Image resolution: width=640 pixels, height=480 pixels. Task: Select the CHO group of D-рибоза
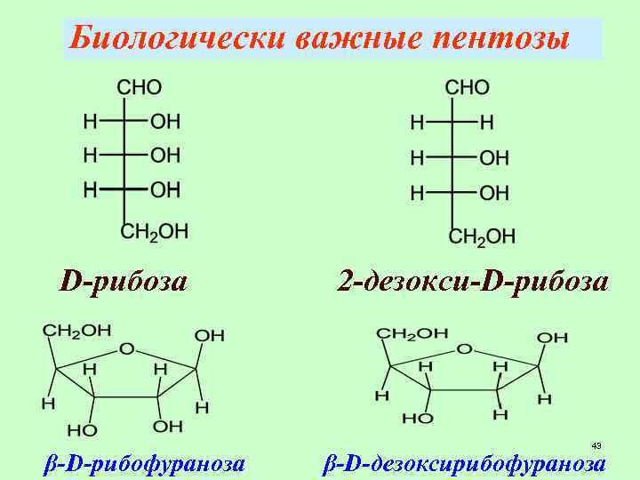(x=140, y=88)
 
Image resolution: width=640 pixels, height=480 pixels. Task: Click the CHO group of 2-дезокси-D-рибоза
(x=467, y=88)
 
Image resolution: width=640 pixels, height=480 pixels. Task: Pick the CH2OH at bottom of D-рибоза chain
(x=154, y=231)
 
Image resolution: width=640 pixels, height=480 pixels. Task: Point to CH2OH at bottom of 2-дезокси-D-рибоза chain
(x=482, y=236)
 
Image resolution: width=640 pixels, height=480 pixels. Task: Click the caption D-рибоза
(x=123, y=283)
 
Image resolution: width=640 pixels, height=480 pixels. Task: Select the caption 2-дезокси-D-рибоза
(x=473, y=283)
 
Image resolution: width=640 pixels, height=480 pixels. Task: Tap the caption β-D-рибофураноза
(x=145, y=463)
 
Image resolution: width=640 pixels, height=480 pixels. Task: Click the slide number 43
(x=596, y=445)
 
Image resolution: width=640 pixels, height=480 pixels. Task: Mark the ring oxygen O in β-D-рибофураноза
(x=126, y=349)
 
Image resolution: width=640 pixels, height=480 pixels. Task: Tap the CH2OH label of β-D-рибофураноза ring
(x=77, y=331)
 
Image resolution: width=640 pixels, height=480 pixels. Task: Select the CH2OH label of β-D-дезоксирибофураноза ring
(x=412, y=333)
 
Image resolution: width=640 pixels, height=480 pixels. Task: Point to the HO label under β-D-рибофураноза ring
(x=83, y=430)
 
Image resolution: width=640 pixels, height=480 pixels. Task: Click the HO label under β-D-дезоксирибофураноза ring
(x=418, y=418)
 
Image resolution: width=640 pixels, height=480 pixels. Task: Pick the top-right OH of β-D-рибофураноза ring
(x=210, y=335)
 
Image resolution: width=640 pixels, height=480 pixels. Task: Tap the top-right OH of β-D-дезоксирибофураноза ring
(x=552, y=338)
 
